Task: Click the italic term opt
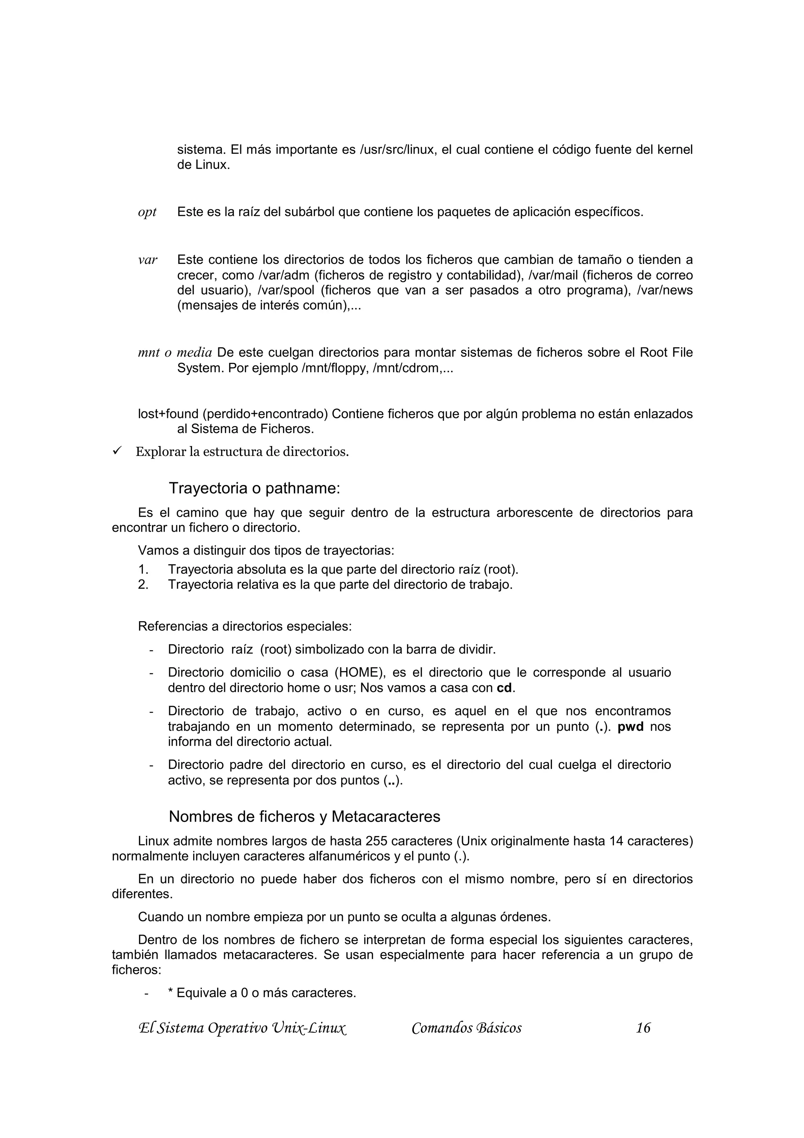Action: pos(147,212)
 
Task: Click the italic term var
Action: pos(148,260)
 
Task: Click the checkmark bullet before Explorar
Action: pos(117,451)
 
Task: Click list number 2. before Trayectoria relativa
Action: pos(143,585)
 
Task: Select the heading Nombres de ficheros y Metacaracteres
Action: pos(304,816)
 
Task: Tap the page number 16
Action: pos(643,1028)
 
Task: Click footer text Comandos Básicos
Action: pos(466,1028)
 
